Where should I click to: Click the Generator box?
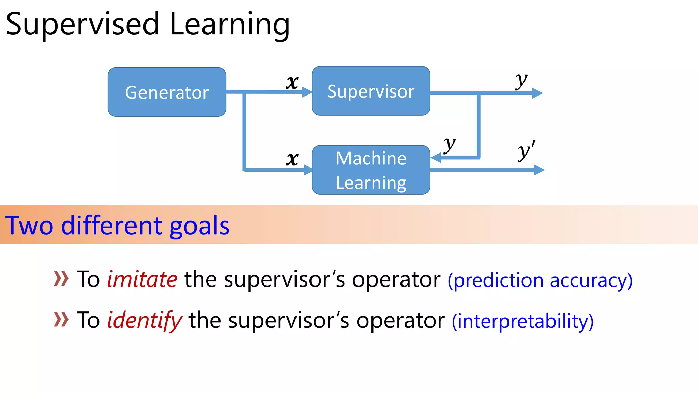167,92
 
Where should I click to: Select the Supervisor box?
371,91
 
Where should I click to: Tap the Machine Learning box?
371,170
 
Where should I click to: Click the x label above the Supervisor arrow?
292,82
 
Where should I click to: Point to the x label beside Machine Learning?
292,159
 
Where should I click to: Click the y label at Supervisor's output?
521,81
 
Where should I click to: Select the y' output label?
526,151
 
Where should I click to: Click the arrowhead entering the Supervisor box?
307,92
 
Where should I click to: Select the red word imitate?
142,279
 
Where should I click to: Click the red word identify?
145,321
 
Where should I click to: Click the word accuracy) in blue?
591,281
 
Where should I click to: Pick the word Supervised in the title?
82,25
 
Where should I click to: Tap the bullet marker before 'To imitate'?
61,278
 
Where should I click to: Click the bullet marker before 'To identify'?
61,319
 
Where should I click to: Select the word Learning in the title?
230,25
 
